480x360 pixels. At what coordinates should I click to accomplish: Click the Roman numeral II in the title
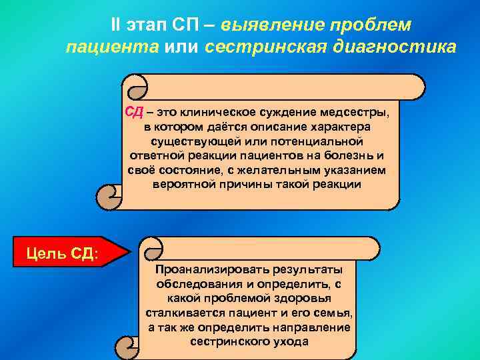tap(115, 25)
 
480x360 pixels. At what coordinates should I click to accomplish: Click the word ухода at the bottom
tap(291, 341)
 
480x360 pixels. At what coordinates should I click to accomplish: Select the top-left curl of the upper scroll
tap(135, 87)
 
